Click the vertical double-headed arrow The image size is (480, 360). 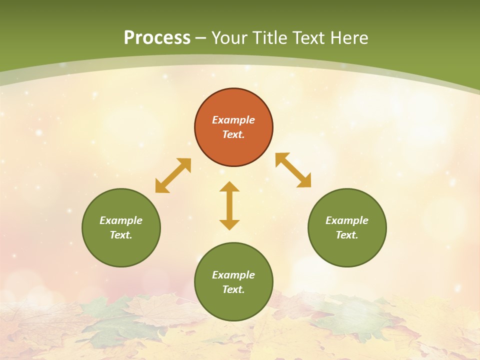click(x=229, y=206)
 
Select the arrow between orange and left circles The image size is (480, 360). click(x=173, y=175)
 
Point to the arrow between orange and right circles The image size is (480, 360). click(x=293, y=170)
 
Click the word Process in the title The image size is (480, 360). click(x=157, y=37)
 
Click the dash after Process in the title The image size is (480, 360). click(x=200, y=38)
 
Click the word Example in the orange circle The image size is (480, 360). click(x=233, y=120)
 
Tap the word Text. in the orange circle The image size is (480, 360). click(x=233, y=134)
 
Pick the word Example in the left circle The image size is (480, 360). click(x=121, y=220)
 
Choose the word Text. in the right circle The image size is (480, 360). click(x=347, y=235)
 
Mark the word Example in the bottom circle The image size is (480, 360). click(x=233, y=275)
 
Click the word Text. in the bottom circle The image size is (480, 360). click(x=233, y=289)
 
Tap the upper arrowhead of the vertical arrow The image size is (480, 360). click(x=229, y=187)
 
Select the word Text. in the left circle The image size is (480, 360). click(x=121, y=235)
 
